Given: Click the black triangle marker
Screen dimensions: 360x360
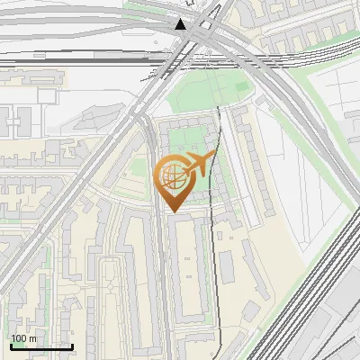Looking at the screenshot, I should (182, 24).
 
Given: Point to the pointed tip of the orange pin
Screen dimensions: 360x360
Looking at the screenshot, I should (173, 211).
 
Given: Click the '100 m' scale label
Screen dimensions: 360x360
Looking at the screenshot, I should (24, 338).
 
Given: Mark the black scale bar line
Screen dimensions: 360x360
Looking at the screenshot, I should (41, 346).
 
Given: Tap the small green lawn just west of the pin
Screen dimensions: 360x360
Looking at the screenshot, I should (138, 167).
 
